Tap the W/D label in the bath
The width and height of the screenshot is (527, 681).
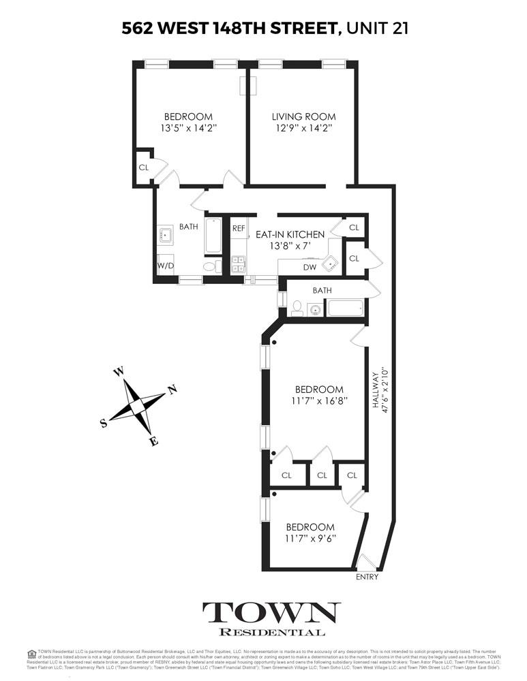[x=165, y=265]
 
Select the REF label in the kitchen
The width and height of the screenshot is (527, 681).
[x=239, y=229]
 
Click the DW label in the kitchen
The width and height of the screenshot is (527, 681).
[x=310, y=268]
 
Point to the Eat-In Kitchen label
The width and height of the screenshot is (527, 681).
[x=290, y=235]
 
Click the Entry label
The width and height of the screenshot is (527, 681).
[x=367, y=577]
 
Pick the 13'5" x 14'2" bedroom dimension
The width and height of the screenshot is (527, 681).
[x=187, y=128]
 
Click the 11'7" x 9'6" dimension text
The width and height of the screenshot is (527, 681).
[x=310, y=539]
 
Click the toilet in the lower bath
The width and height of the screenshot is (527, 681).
[x=296, y=308]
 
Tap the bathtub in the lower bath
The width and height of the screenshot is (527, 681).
[x=348, y=308]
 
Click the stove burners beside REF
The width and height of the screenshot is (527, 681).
[x=238, y=264]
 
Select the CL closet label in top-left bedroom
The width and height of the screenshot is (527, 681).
[x=144, y=167]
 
